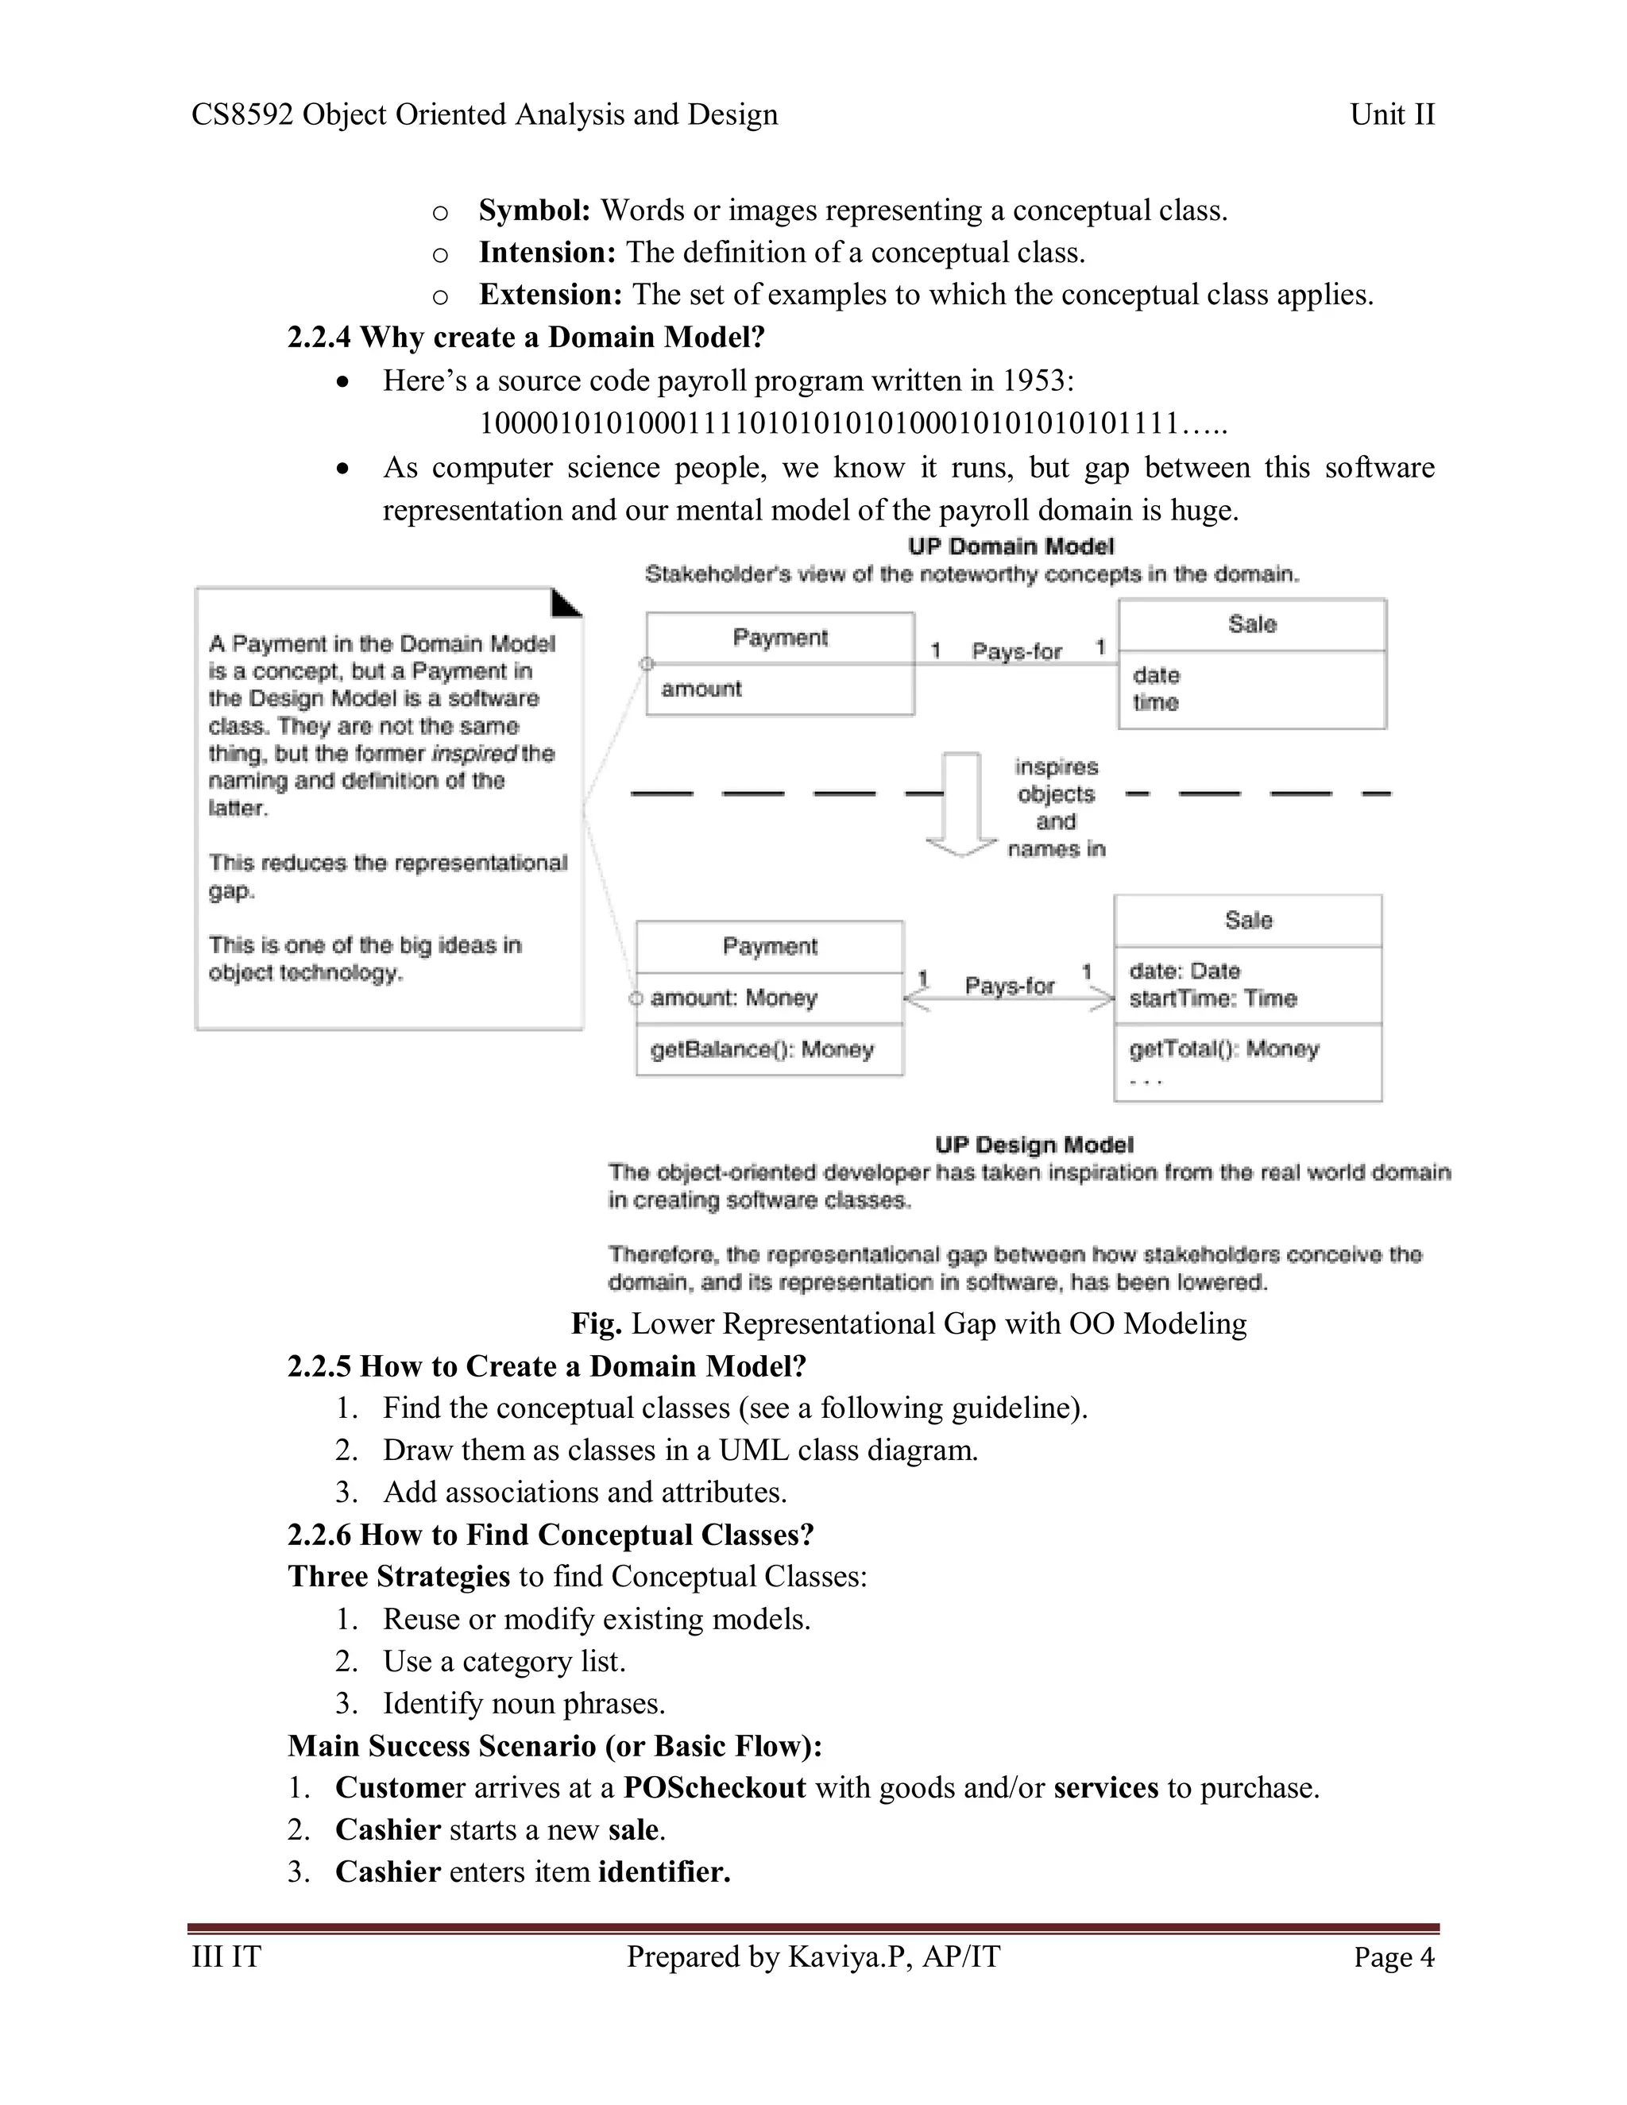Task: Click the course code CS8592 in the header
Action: point(242,114)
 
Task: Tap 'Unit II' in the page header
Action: point(1392,114)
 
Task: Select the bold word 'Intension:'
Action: point(547,253)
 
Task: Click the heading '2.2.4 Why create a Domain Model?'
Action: point(525,338)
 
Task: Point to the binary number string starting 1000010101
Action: point(853,423)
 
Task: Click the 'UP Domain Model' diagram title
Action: point(1011,547)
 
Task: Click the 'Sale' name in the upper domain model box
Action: point(1251,624)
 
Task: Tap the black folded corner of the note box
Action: point(566,604)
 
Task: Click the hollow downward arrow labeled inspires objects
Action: point(961,805)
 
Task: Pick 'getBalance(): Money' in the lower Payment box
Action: point(761,1049)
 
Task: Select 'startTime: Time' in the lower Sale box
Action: point(1212,998)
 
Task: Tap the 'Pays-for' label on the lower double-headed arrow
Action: point(1009,986)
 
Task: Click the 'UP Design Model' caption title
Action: point(1034,1145)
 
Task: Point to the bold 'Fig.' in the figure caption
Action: point(596,1323)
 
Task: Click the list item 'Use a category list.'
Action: point(504,1661)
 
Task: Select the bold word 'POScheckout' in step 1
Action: point(714,1787)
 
